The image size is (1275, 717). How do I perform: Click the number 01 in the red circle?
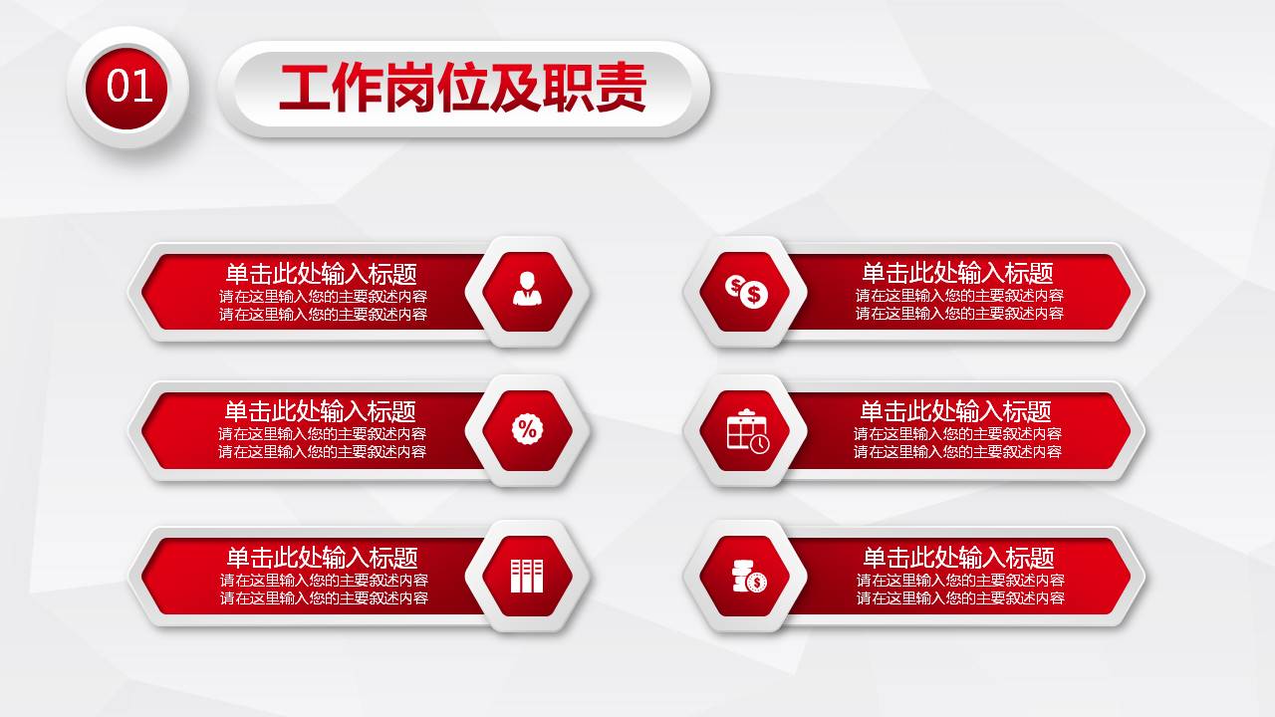(129, 87)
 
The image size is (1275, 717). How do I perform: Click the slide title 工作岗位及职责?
(462, 88)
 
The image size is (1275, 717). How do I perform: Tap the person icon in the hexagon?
(527, 290)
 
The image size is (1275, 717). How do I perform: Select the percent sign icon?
(527, 429)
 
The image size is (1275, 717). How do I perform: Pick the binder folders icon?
(527, 576)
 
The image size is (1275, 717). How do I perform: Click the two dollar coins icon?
(747, 291)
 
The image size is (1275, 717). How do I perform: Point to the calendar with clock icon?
(747, 431)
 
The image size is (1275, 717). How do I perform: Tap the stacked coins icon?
(747, 577)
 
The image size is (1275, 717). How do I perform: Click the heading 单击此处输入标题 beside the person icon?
(321, 273)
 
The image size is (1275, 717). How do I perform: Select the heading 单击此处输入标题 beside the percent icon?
(320, 411)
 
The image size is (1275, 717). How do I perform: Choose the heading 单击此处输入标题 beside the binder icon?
(322, 558)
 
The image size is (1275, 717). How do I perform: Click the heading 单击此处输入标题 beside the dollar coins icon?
(957, 273)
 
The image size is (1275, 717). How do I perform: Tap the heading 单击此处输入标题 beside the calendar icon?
(956, 411)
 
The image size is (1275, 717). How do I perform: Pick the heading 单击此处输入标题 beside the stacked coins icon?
(958, 558)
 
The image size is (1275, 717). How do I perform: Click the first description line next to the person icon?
(323, 296)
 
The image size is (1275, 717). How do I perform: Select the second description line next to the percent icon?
(322, 452)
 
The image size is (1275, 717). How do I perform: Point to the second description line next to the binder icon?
(324, 598)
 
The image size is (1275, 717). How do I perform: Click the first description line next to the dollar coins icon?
(959, 296)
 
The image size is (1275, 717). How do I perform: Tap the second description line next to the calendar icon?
(957, 452)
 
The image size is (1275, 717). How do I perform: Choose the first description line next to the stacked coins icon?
(960, 581)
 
